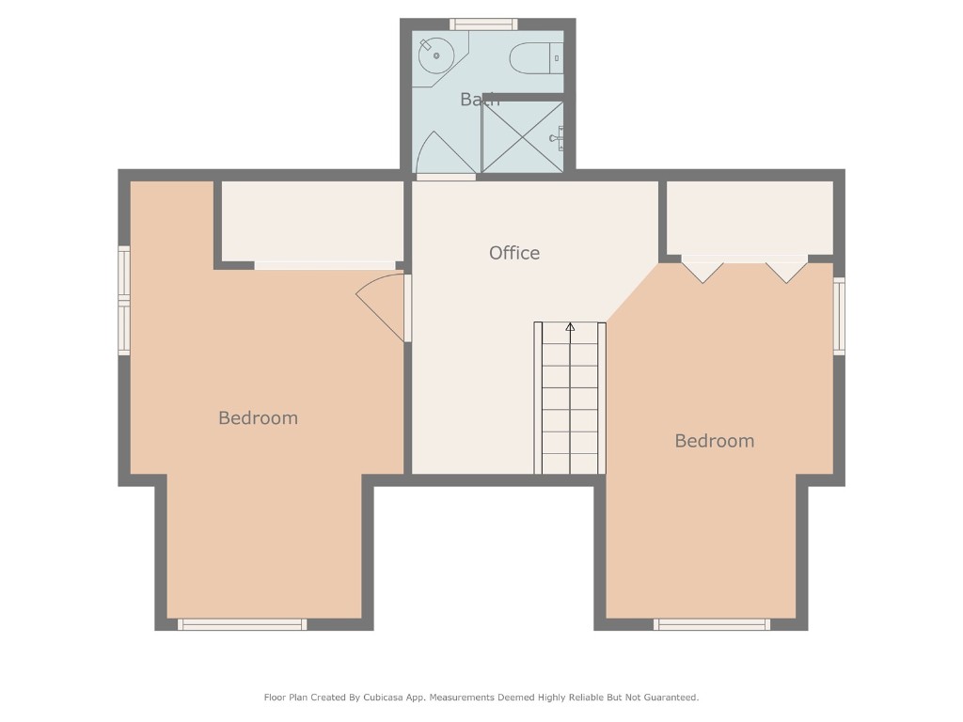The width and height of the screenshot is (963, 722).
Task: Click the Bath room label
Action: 480,99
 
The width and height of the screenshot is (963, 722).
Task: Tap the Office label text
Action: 514,253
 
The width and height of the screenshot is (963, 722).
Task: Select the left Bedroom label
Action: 258,418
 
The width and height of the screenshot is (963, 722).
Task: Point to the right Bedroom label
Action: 714,441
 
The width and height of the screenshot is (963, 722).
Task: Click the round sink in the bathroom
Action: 435,55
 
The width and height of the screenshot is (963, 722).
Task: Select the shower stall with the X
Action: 522,137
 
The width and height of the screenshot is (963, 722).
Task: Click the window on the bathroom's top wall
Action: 483,24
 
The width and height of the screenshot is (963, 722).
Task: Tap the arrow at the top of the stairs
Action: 570,327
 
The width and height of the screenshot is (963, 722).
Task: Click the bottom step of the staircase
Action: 570,463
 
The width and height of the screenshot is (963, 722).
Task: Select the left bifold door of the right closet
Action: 703,271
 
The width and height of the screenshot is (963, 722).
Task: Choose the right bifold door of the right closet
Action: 786,271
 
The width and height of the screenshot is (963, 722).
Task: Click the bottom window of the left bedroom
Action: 243,624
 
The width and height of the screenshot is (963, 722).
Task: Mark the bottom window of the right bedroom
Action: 712,624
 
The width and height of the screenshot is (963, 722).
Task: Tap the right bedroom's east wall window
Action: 839,316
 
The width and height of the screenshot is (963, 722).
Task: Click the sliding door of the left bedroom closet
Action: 324,266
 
